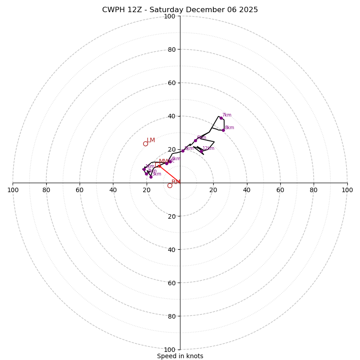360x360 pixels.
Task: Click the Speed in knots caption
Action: [180, 356]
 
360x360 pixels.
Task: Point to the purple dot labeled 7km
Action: [221, 118]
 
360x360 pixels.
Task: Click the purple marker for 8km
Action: [223, 130]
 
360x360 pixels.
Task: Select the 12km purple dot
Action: [201, 151]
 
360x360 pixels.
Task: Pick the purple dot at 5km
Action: [183, 151]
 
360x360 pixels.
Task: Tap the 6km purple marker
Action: [195, 140]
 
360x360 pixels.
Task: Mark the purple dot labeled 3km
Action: [151, 177]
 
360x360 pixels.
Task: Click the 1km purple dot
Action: [144, 169]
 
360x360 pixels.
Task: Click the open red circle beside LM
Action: [145, 144]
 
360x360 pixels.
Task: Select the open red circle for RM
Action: [170, 185]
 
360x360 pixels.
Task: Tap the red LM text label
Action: [151, 140]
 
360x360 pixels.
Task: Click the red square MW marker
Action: [159, 166]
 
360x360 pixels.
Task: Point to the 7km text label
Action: [227, 115]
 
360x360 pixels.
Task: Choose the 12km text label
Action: [208, 148]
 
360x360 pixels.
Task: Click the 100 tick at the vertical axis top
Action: [170, 16]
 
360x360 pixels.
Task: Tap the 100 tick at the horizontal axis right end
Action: [347, 190]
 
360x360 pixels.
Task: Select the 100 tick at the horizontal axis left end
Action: [13, 190]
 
